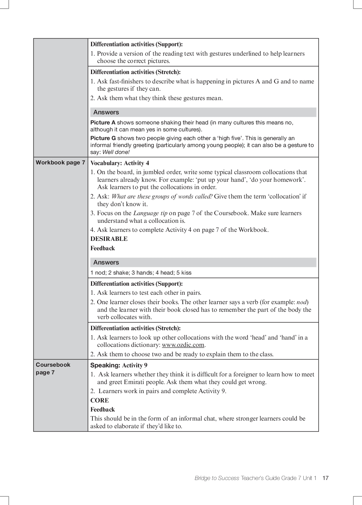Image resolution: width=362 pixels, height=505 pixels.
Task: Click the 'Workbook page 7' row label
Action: pyautogui.click(x=60, y=163)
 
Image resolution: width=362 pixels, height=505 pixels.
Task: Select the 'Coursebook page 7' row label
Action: pyautogui.click(x=53, y=368)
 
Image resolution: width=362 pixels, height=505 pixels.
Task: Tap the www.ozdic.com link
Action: pyautogui.click(x=183, y=345)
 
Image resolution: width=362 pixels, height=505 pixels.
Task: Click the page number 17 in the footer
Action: pyautogui.click(x=325, y=478)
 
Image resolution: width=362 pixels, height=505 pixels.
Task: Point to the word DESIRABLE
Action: pyautogui.click(x=109, y=239)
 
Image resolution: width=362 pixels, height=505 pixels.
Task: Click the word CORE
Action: pyautogui.click(x=99, y=400)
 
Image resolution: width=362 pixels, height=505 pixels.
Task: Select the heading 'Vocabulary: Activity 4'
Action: pyautogui.click(x=120, y=163)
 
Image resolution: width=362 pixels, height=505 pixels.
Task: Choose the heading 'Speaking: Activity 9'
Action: pyautogui.click(x=118, y=365)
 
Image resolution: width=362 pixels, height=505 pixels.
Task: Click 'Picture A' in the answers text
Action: pyautogui.click(x=103, y=123)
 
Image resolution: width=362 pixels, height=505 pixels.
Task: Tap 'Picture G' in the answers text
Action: pyautogui.click(x=103, y=138)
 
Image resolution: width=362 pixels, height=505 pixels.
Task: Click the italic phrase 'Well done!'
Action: pyautogui.click(x=116, y=152)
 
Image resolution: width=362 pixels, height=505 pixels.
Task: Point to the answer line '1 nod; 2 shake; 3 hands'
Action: pyautogui.click(x=141, y=273)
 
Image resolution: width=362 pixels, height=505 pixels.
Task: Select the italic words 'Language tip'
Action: pyautogui.click(x=150, y=213)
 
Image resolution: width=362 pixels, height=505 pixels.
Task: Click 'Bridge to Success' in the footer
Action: pyautogui.click(x=217, y=478)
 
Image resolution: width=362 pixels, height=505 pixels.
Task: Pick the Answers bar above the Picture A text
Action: pyautogui.click(x=203, y=112)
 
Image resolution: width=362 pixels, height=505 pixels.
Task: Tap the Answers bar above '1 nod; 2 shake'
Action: pyautogui.click(x=203, y=262)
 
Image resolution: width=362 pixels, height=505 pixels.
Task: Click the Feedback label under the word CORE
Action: pyautogui.click(x=102, y=410)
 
